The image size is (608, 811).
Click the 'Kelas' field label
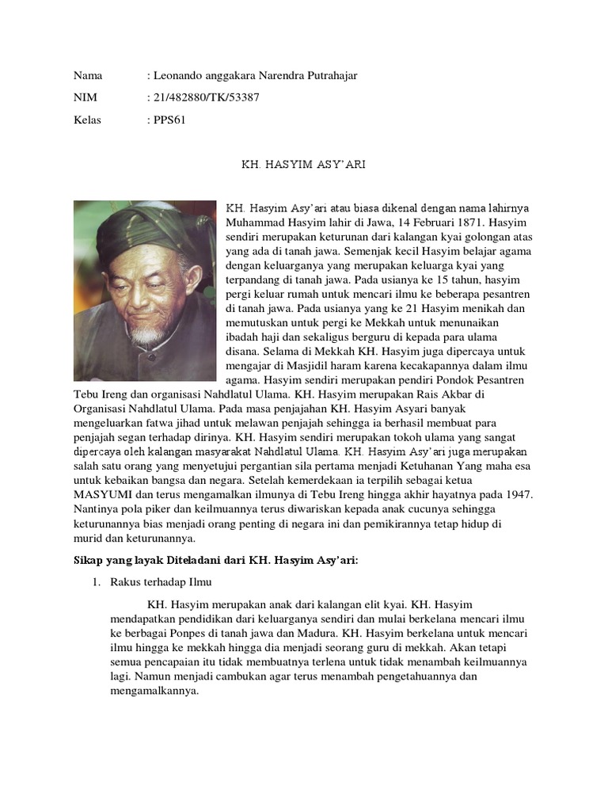click(x=88, y=120)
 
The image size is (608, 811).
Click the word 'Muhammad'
click(x=256, y=223)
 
